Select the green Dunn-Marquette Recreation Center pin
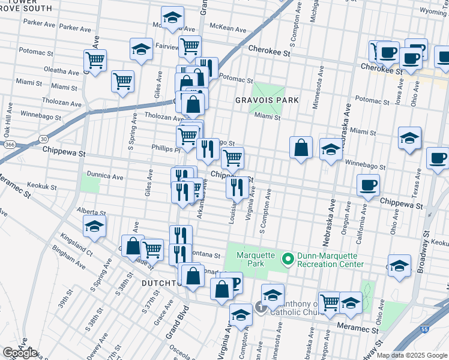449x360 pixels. pos(288,259)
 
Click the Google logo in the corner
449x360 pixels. pos(20,353)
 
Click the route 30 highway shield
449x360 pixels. pos(44,139)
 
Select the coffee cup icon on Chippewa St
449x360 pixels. pos(367,185)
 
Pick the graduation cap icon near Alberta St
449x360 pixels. pos(95,227)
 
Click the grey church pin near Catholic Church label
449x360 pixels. pos(260,307)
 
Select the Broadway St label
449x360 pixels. pos(427,240)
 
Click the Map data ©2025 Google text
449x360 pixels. pos(412,355)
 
